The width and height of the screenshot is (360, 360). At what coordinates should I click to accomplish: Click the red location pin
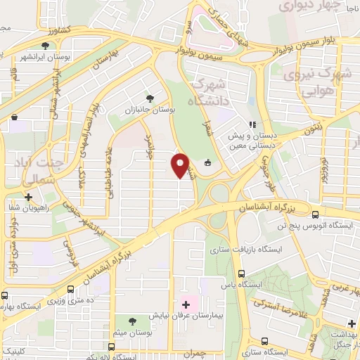[x=181, y=165]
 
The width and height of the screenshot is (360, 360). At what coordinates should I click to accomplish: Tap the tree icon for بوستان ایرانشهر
[x=45, y=46]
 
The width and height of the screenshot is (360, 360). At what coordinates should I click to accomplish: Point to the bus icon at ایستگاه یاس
[x=242, y=274]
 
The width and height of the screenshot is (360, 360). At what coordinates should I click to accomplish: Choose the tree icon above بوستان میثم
[x=133, y=321]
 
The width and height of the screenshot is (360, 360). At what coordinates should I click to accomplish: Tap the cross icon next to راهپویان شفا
[x=27, y=197]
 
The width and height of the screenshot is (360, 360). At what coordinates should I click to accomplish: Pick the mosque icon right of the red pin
[x=207, y=163]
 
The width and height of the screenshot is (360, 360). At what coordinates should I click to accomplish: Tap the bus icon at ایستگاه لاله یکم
[x=111, y=347]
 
